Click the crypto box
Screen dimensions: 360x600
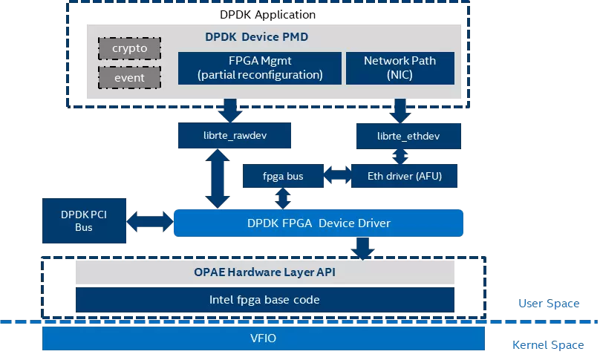pyautogui.click(x=130, y=49)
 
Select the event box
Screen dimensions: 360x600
pyautogui.click(x=130, y=76)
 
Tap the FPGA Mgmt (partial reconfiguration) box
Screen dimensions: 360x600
pyautogui.click(x=260, y=68)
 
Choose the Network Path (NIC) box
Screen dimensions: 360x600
pyautogui.click(x=400, y=68)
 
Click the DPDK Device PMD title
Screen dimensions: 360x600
pyautogui.click(x=256, y=36)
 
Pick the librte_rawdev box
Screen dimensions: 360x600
pyautogui.click(x=234, y=135)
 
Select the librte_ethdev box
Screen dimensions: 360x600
pyautogui.click(x=408, y=135)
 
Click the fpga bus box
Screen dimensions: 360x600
pyautogui.click(x=283, y=176)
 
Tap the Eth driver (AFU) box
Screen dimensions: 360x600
pyautogui.click(x=403, y=176)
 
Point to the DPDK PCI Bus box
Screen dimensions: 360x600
pyautogui.click(x=83, y=220)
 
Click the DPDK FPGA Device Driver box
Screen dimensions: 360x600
pyautogui.click(x=318, y=223)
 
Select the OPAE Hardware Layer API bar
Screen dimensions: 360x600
pyautogui.click(x=264, y=272)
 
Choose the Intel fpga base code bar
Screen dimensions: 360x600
pyautogui.click(x=264, y=300)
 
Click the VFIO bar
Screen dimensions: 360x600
pyautogui.click(x=263, y=338)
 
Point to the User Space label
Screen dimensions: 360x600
pyautogui.click(x=549, y=304)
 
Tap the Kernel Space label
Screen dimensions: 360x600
pyautogui.click(x=548, y=345)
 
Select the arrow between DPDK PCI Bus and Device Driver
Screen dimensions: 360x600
pyautogui.click(x=149, y=221)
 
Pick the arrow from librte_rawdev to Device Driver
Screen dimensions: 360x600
pyautogui.click(x=218, y=178)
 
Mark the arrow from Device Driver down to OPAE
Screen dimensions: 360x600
pyautogui.click(x=364, y=249)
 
